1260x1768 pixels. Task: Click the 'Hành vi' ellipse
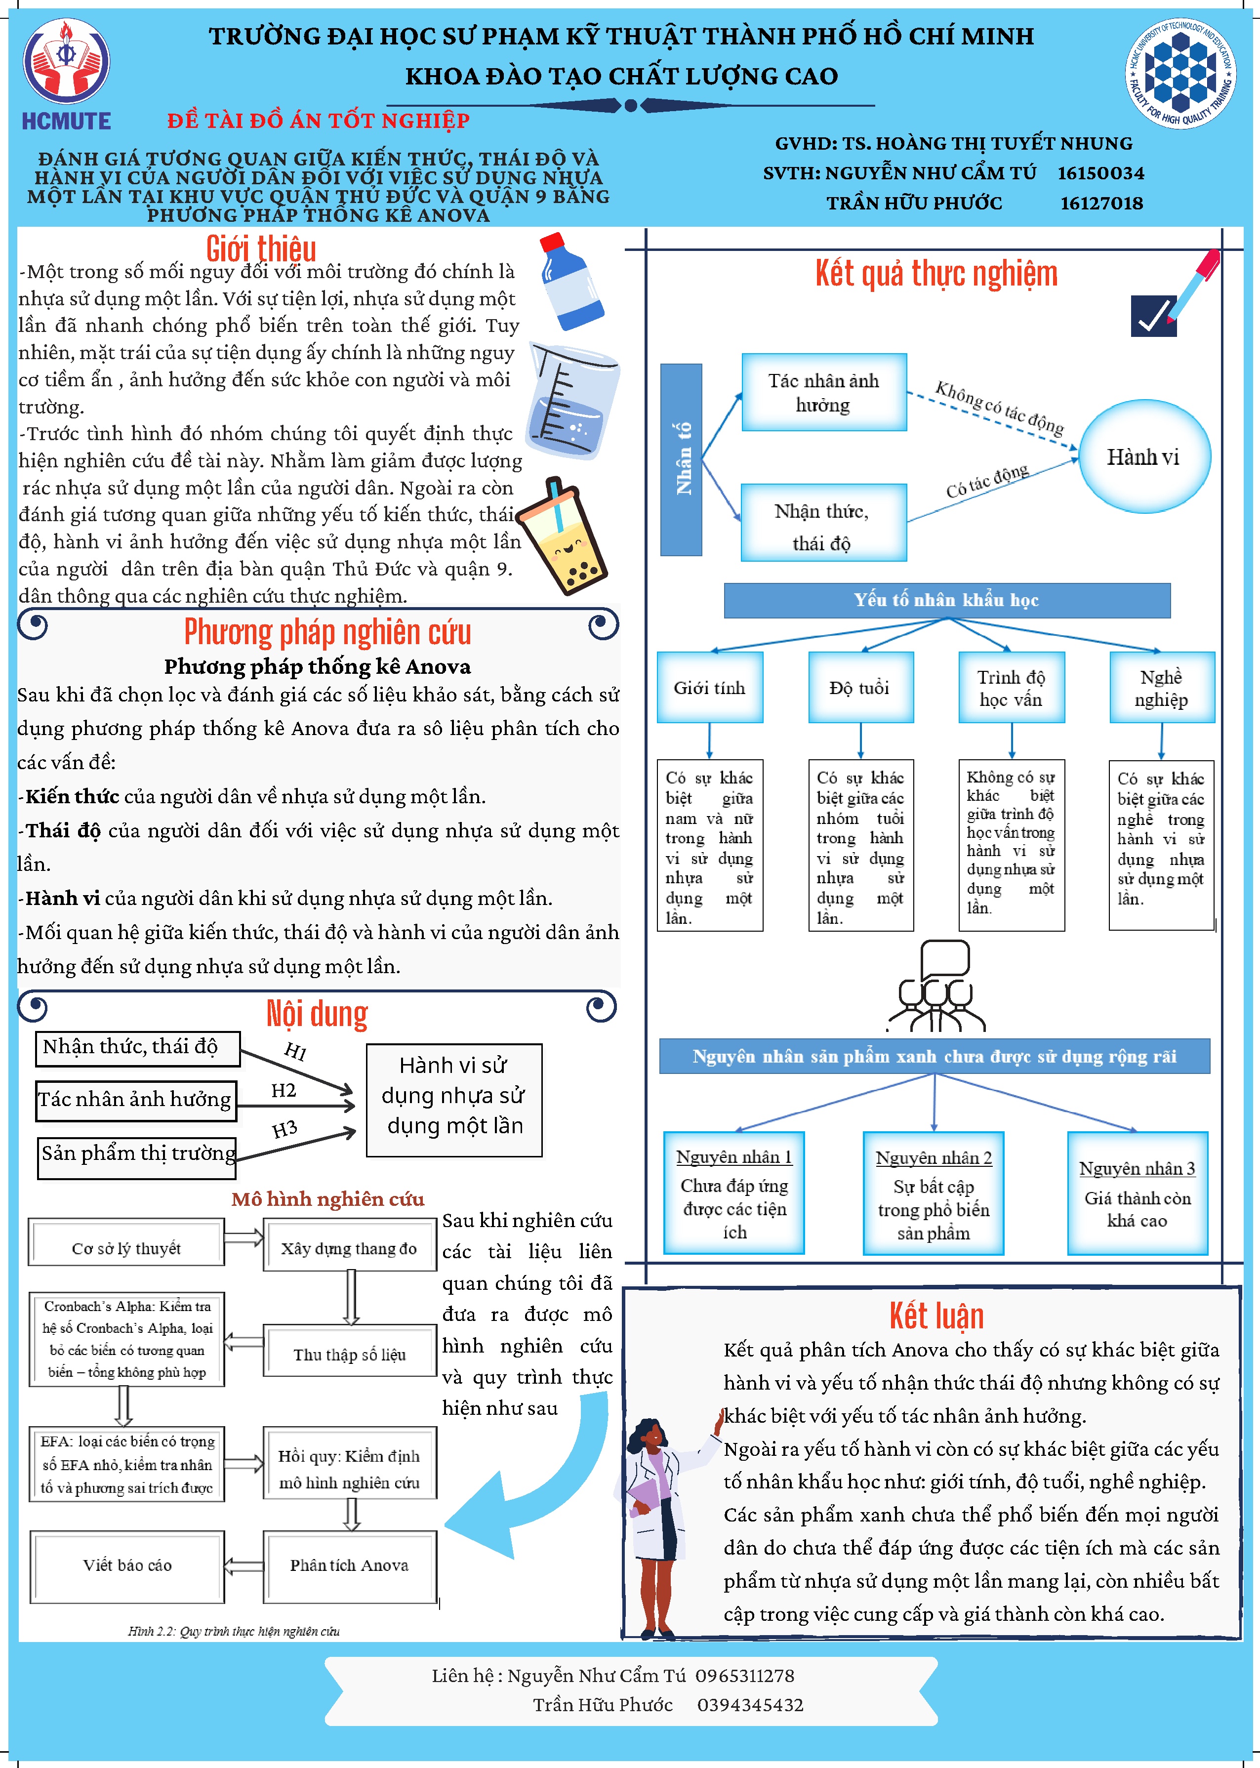tap(1143, 457)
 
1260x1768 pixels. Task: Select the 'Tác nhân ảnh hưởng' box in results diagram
tap(824, 393)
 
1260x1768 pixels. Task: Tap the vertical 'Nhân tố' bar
tap(681, 459)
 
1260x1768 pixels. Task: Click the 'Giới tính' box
tap(709, 687)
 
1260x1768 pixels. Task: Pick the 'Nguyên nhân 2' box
tap(934, 1193)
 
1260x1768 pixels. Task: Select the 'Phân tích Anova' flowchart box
tap(349, 1565)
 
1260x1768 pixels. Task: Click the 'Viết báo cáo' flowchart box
tap(127, 1565)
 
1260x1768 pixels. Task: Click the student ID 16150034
tap(1100, 173)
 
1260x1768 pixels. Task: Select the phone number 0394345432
tap(749, 1704)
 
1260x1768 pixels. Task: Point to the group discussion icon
tap(935, 987)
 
